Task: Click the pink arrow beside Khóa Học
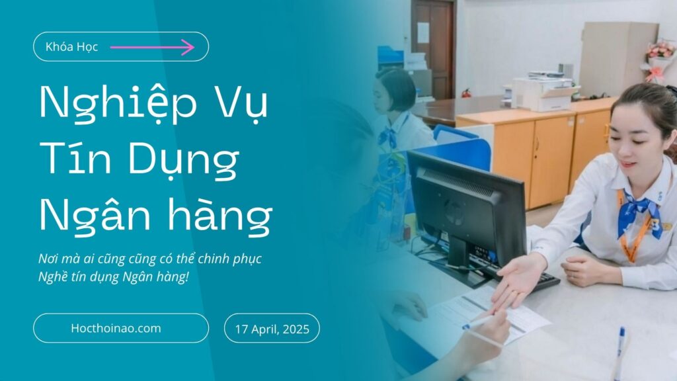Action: (x=153, y=47)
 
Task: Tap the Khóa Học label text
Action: (x=71, y=47)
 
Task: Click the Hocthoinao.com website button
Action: (x=121, y=328)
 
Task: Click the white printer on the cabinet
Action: (x=542, y=93)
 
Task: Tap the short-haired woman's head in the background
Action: (x=393, y=91)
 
